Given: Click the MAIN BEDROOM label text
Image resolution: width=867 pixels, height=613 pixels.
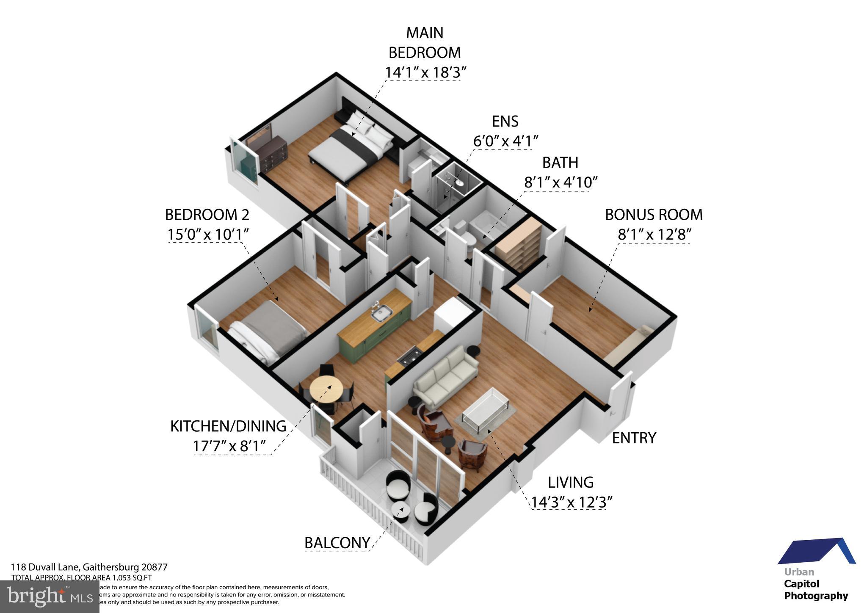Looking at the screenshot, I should point(425,42).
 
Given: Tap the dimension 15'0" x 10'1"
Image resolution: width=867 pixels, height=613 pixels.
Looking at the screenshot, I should point(207,234).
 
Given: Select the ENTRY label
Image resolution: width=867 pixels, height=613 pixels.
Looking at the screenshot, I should point(634,438).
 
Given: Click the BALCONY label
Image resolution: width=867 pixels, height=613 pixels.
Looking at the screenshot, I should point(337,543).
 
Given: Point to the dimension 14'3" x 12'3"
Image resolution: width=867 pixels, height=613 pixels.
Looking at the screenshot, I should point(572,503).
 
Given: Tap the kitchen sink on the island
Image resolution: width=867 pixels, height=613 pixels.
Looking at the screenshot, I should point(381,313).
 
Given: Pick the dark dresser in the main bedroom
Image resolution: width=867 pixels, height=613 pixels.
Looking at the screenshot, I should point(270,152).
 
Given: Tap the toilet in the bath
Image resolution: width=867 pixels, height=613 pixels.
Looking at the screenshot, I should point(469,240).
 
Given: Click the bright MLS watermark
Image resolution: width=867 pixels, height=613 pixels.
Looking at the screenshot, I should point(50,596).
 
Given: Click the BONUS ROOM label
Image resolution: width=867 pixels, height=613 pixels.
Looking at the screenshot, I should point(653,215).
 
